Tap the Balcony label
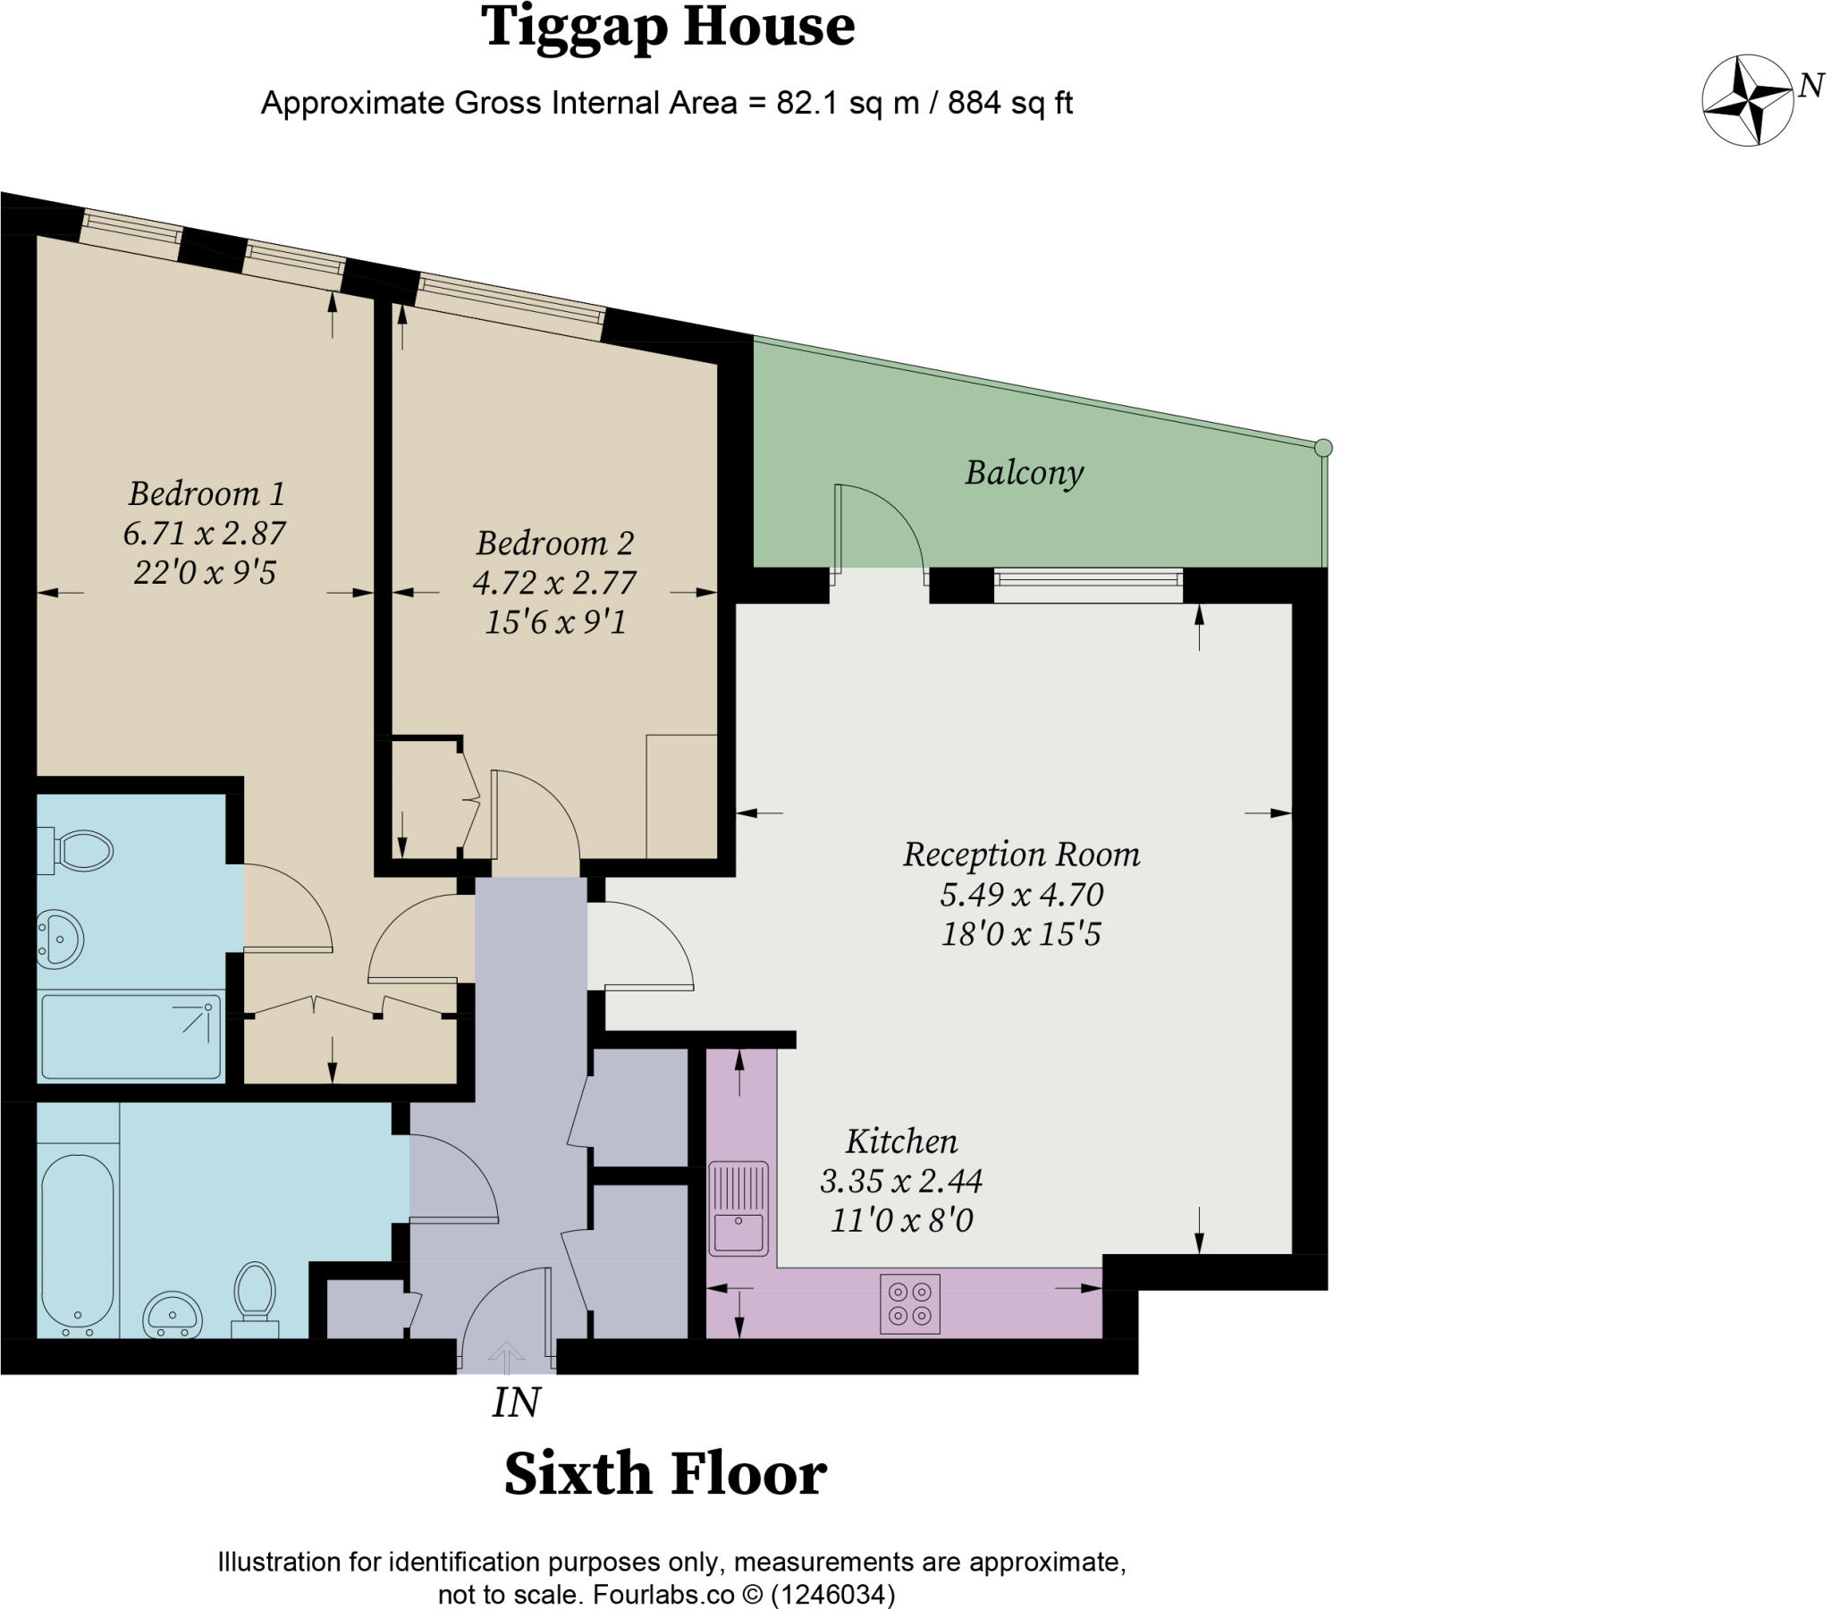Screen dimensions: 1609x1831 tap(1024, 472)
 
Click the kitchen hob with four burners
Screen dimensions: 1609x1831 tap(909, 1303)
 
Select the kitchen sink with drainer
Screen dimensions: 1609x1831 tap(738, 1208)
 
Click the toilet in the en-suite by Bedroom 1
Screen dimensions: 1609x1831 tap(79, 850)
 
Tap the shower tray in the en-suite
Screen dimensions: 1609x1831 tap(131, 1036)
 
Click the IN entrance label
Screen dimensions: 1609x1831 tap(516, 1403)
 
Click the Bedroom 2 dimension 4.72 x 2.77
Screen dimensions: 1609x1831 tap(554, 583)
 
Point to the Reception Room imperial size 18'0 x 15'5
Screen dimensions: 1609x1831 tap(1020, 934)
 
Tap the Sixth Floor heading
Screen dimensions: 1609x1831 tap(664, 1474)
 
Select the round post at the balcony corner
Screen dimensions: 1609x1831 tap(1323, 448)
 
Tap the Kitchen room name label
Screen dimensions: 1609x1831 tap(901, 1141)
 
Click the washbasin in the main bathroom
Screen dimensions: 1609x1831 tap(173, 1313)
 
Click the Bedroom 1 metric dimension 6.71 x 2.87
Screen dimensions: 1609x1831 tap(204, 533)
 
